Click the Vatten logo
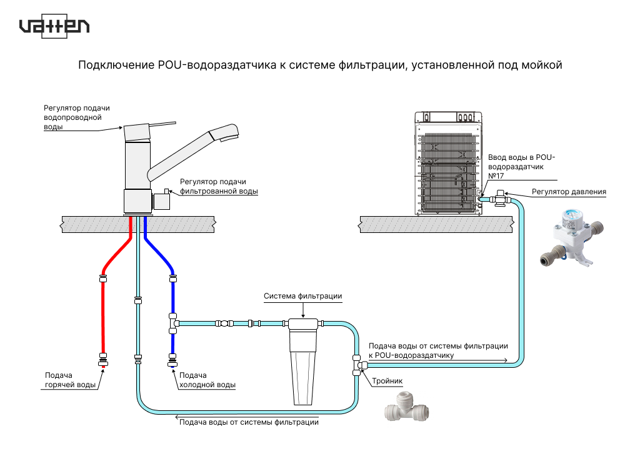tap(54, 26)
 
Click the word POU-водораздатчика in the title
tap(217, 66)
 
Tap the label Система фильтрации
tap(303, 296)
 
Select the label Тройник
tap(387, 381)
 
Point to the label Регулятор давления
tap(569, 192)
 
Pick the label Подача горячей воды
tap(70, 380)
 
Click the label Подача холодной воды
tap(207, 380)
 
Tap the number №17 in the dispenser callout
tap(496, 176)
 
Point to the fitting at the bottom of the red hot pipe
tap(103, 360)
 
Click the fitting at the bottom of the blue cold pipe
tap(172, 360)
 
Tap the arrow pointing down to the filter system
tap(303, 310)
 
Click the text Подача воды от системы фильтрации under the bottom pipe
tap(249, 422)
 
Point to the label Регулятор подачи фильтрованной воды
tap(219, 187)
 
